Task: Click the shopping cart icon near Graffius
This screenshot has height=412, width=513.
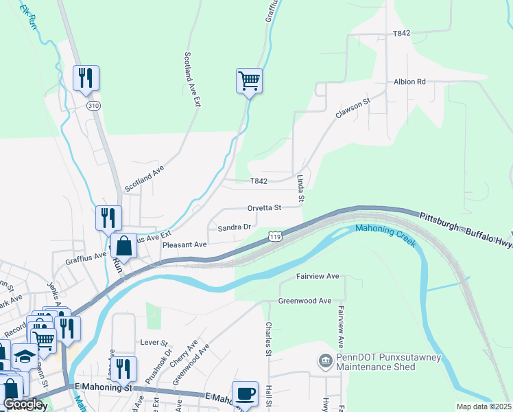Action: [249, 81]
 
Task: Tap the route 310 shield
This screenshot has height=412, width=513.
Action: [93, 106]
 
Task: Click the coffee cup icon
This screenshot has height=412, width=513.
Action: [245, 393]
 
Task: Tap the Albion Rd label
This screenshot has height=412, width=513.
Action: [409, 82]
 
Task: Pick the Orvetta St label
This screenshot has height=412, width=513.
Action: [265, 207]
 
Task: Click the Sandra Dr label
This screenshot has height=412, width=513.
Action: [235, 227]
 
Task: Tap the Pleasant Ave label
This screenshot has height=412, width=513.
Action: [184, 244]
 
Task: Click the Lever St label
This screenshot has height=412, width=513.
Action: [154, 342]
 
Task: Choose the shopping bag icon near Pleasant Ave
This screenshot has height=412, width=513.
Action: [124, 245]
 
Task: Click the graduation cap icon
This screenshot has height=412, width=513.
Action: [25, 356]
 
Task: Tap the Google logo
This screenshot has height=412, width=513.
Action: [24, 404]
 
